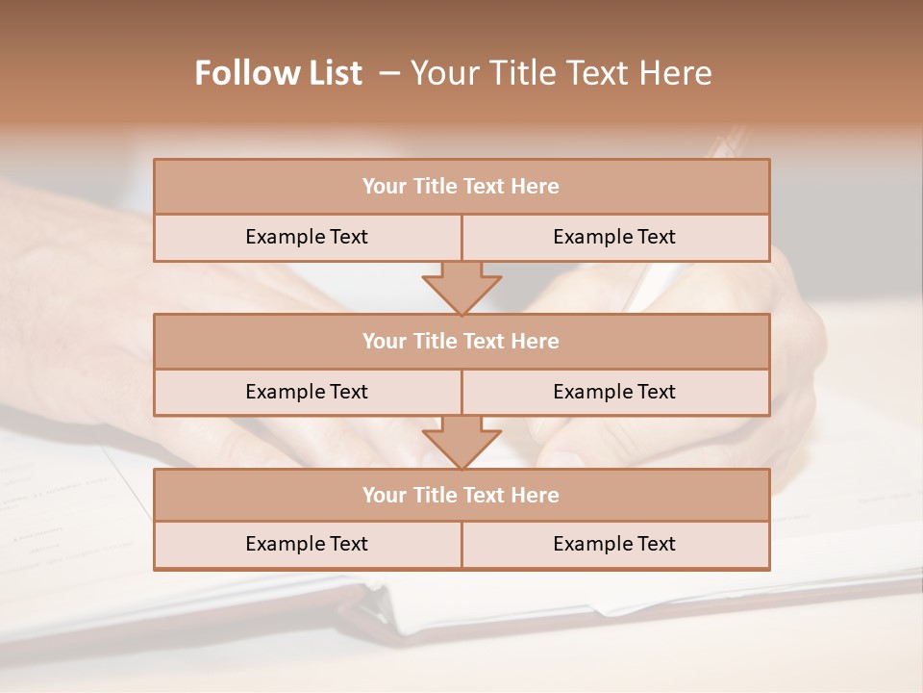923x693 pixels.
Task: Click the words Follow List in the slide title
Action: [x=279, y=73]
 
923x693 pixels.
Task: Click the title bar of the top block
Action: [x=461, y=187]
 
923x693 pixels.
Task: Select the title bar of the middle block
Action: [x=461, y=341]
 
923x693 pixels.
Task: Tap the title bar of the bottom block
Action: [x=461, y=495]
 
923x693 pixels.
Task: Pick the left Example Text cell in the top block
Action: [x=307, y=237]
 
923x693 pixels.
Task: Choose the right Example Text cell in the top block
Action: [x=614, y=237]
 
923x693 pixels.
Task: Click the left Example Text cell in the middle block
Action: [x=307, y=392]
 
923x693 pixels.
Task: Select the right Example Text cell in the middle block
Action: [x=614, y=392]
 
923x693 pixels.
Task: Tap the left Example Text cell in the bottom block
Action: [x=307, y=544]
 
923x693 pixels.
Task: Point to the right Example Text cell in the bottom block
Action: [x=614, y=544]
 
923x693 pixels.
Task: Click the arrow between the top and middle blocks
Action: [x=461, y=288]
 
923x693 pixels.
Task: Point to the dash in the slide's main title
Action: [x=389, y=73]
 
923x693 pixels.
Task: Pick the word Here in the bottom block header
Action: [x=535, y=495]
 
